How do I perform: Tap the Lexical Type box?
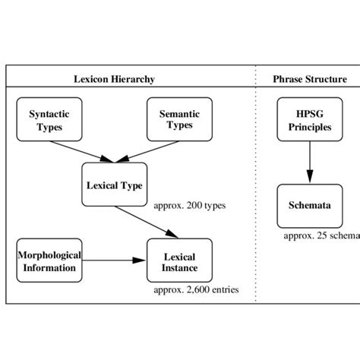point(114,185)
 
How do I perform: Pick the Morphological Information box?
point(49,261)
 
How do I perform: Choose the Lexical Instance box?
point(179,261)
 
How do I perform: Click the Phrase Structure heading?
point(310,79)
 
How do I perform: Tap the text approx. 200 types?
point(189,205)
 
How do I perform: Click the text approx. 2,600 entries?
point(196,289)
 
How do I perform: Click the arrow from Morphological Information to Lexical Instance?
point(114,261)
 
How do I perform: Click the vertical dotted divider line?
point(256,190)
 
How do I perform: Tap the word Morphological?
point(49,255)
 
